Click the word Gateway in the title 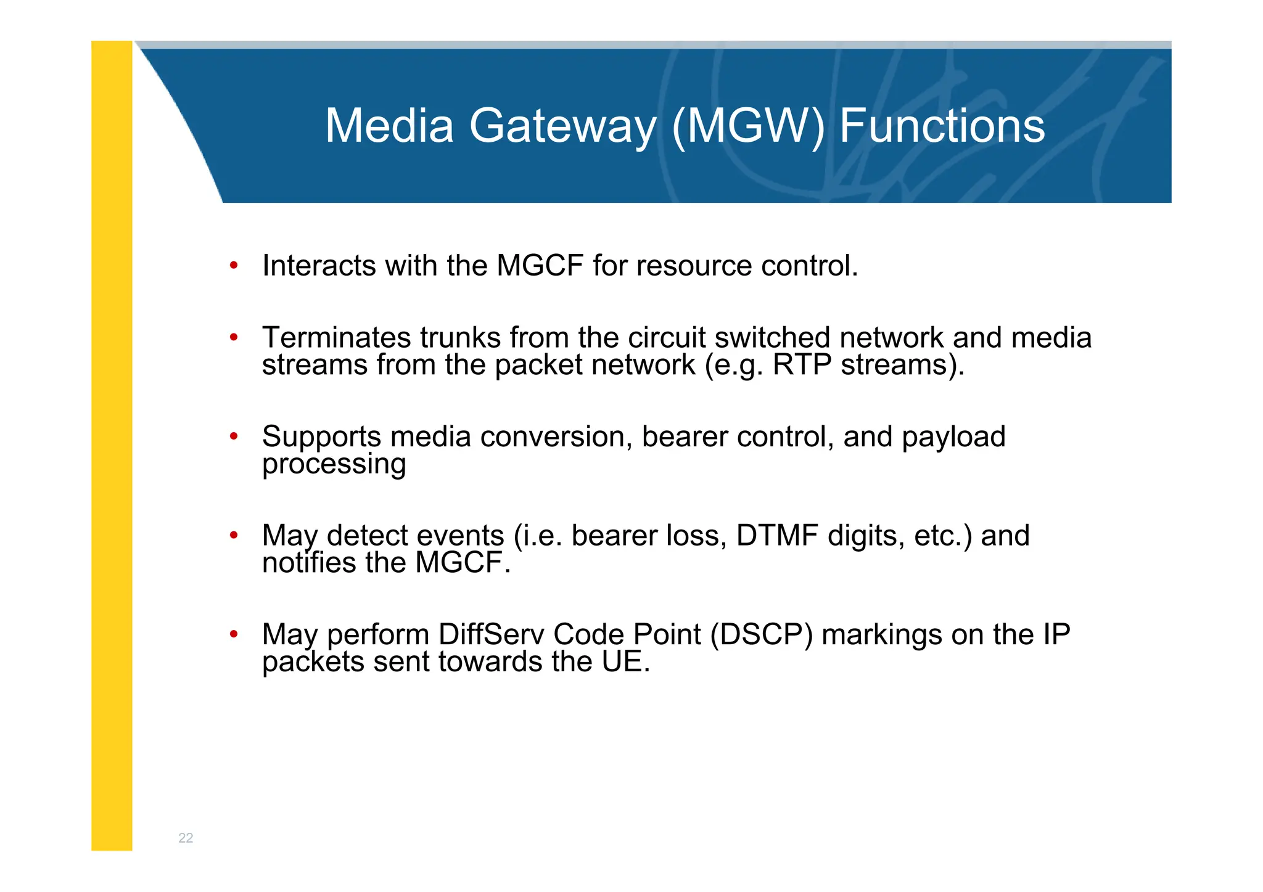[562, 126]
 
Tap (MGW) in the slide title [747, 126]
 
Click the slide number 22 [186, 838]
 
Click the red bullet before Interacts [234, 266]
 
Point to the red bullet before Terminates [234, 338]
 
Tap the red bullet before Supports [234, 437]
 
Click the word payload [953, 437]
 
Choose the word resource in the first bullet [694, 266]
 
